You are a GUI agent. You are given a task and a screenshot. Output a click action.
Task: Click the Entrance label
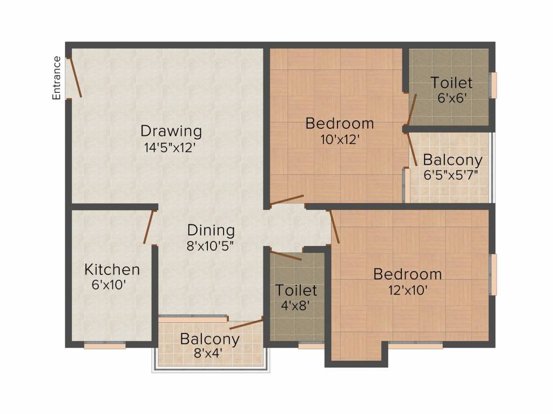(56, 78)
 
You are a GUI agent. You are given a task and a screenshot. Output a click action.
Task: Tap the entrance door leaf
(75, 78)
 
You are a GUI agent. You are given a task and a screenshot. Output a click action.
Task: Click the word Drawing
(171, 131)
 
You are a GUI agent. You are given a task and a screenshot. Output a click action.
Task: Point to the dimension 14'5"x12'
(169, 147)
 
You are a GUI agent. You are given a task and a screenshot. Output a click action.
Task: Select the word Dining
(211, 230)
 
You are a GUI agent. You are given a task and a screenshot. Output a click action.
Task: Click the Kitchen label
(112, 270)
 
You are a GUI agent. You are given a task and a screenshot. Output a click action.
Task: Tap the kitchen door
(149, 227)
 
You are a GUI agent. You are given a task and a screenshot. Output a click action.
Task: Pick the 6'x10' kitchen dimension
(109, 285)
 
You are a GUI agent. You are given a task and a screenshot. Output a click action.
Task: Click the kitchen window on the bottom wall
(105, 346)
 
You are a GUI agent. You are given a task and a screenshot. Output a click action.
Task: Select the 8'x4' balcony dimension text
(208, 353)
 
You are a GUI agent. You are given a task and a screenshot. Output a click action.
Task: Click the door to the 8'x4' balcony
(246, 323)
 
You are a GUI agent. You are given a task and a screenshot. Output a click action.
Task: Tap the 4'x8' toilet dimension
(295, 305)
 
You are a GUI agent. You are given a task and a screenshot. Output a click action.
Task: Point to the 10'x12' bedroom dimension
(340, 140)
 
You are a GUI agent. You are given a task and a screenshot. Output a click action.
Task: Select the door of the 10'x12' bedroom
(287, 199)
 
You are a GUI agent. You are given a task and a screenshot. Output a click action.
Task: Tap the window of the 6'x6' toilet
(494, 85)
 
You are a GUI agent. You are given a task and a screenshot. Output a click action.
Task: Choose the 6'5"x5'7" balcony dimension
(451, 175)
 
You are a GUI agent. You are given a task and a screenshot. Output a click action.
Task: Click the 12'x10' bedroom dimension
(408, 291)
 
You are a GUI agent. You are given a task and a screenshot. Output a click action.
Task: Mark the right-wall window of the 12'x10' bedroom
(494, 274)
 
